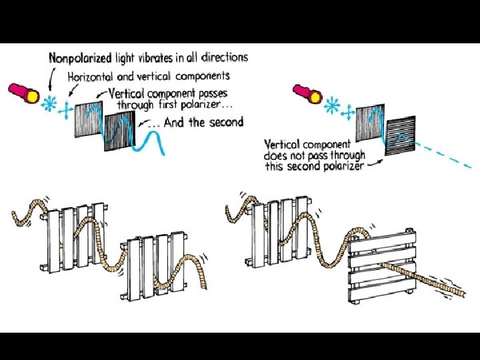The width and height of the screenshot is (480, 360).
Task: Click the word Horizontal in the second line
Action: coord(92,77)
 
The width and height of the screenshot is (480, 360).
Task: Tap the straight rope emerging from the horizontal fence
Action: coord(433,280)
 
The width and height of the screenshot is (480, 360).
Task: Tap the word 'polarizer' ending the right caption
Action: coord(343,167)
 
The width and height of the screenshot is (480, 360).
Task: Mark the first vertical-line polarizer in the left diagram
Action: coord(88,120)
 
